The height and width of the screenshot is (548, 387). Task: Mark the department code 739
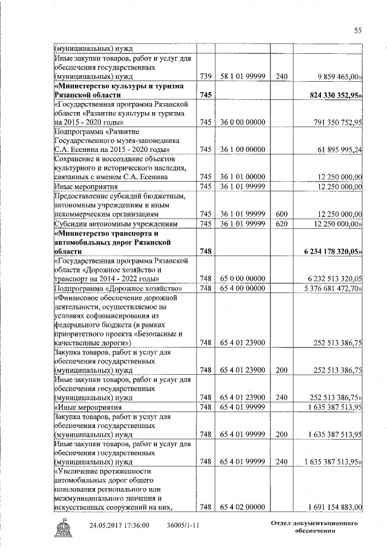(207, 78)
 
